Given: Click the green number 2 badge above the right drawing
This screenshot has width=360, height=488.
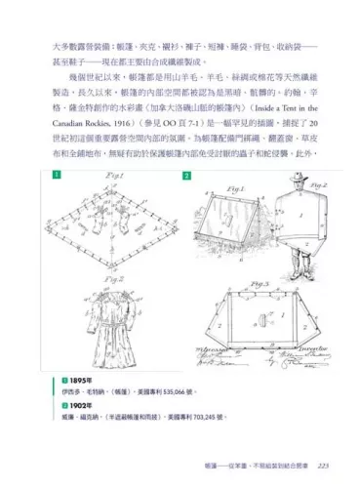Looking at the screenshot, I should tap(187, 176).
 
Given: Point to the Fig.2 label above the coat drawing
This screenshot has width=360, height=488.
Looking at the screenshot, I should tap(107, 279).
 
